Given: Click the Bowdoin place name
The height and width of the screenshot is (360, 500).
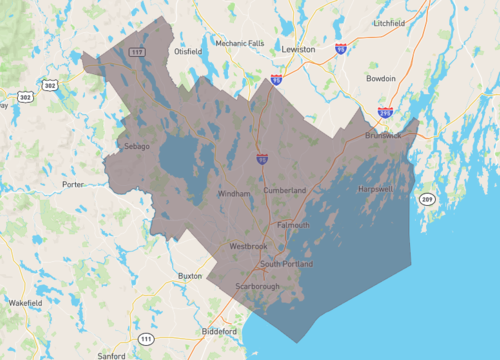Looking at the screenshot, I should (381, 78).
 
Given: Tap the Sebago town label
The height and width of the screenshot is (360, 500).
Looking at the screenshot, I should (136, 146).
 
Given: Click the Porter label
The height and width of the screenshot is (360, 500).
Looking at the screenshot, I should (72, 184).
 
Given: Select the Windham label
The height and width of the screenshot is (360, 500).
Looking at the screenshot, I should (233, 194).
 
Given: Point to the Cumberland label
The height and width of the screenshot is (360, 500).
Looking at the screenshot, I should (284, 190).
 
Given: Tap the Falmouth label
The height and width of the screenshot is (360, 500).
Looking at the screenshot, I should (293, 225).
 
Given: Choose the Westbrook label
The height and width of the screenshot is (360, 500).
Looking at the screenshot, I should (248, 245).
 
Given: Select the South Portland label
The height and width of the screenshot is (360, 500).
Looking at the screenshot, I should (287, 264).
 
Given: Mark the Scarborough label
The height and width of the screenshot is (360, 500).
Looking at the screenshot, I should (258, 286).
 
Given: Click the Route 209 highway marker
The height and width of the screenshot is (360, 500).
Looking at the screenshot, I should (428, 201).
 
